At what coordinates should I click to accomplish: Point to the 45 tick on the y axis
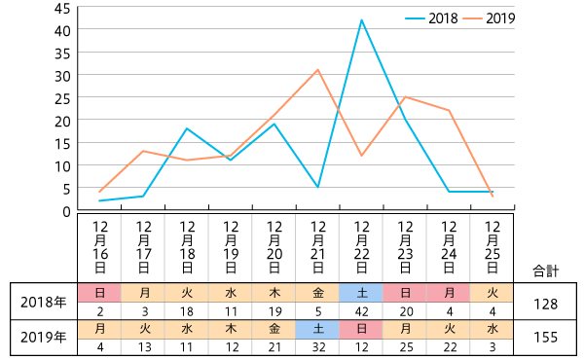(x=61, y=8)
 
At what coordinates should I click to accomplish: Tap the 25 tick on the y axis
(x=61, y=98)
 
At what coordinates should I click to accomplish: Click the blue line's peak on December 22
(x=362, y=19)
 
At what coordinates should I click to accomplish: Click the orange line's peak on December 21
(x=317, y=69)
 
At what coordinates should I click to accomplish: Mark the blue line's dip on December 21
(x=318, y=187)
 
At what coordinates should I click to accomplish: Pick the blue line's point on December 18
(x=187, y=128)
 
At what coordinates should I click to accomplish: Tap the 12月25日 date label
(x=493, y=247)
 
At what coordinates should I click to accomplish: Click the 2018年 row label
(x=43, y=302)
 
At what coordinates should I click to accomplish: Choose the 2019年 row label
(x=43, y=338)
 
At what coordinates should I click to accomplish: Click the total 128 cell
(x=546, y=304)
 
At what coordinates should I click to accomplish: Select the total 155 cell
(x=546, y=338)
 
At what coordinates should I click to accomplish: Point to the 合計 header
(x=546, y=270)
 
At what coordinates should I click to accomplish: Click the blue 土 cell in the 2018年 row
(x=361, y=293)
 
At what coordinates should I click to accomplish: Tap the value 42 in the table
(x=361, y=311)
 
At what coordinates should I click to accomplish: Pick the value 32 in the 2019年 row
(x=317, y=346)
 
